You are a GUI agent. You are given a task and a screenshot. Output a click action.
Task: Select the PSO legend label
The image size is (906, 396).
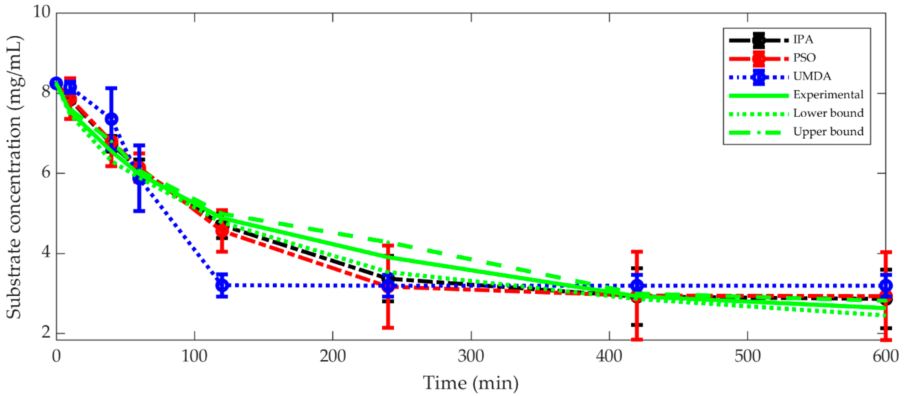(804, 58)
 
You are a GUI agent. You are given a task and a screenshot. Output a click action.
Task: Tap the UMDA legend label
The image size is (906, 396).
(812, 76)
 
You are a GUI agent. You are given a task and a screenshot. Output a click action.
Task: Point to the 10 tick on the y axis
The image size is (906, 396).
(41, 12)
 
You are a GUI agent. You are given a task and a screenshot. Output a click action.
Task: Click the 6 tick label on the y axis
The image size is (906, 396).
(46, 173)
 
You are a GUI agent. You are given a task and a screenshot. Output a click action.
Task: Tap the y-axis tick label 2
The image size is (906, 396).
(46, 332)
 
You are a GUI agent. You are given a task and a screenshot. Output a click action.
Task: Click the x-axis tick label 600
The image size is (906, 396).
(885, 356)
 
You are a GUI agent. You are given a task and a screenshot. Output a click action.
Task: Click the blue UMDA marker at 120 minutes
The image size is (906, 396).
(222, 285)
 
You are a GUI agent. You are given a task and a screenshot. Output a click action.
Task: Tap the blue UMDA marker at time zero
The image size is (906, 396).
(56, 84)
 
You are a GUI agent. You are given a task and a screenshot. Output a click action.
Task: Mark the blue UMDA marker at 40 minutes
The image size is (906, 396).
(112, 119)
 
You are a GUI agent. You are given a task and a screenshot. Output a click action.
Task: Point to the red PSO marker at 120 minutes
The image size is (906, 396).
(222, 231)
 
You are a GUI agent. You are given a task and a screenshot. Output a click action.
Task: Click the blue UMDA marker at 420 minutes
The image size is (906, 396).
(637, 285)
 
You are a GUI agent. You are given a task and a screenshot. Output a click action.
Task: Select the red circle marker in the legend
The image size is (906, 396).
(759, 58)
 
